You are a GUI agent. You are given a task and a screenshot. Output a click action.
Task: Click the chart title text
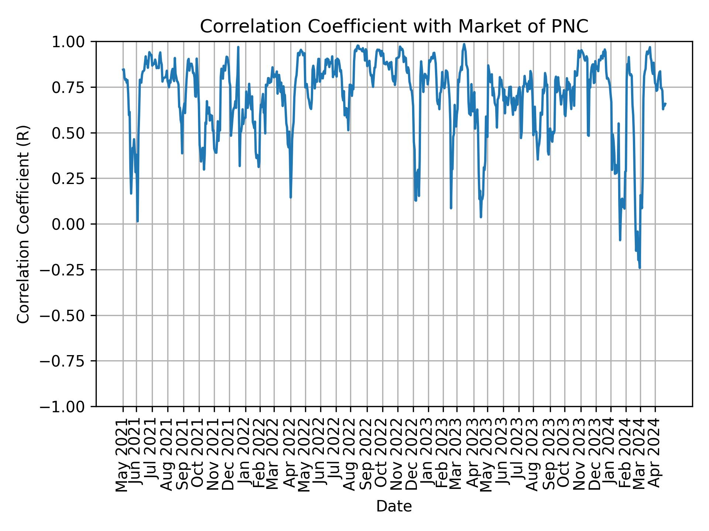click(x=394, y=27)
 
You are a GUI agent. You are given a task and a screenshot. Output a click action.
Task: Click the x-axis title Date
click(x=394, y=507)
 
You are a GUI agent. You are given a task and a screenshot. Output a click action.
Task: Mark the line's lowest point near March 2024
click(x=640, y=268)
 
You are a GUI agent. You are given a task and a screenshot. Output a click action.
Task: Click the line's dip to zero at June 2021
click(x=137, y=221)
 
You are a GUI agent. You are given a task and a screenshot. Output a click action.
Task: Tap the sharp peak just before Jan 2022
click(x=238, y=47)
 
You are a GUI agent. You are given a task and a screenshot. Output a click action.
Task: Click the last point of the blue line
click(x=665, y=104)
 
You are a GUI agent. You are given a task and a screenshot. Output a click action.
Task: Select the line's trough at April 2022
click(x=291, y=197)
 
